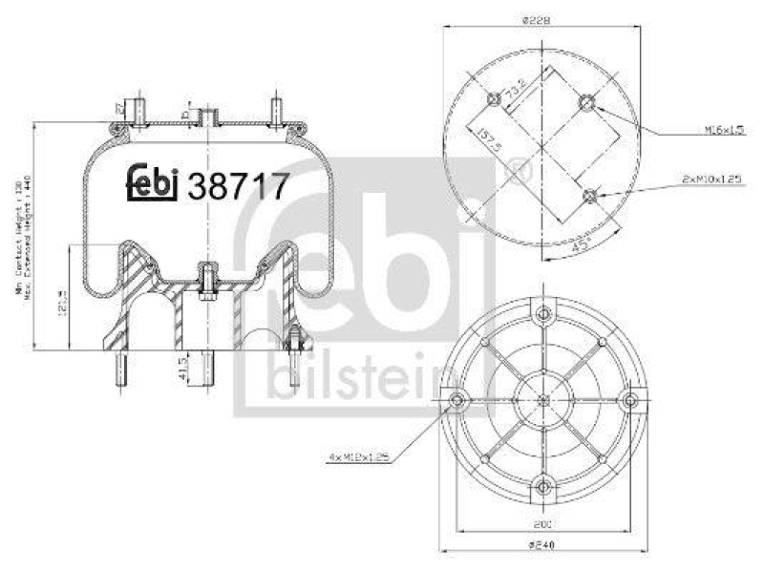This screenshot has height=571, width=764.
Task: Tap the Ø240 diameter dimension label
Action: pos(542,546)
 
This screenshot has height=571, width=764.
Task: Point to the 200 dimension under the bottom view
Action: pos(542,524)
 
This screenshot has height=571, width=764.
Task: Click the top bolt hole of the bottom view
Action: pos(543,313)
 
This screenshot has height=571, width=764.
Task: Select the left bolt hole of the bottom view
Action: pos(456,400)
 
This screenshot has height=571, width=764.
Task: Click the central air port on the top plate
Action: pos(204,116)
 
